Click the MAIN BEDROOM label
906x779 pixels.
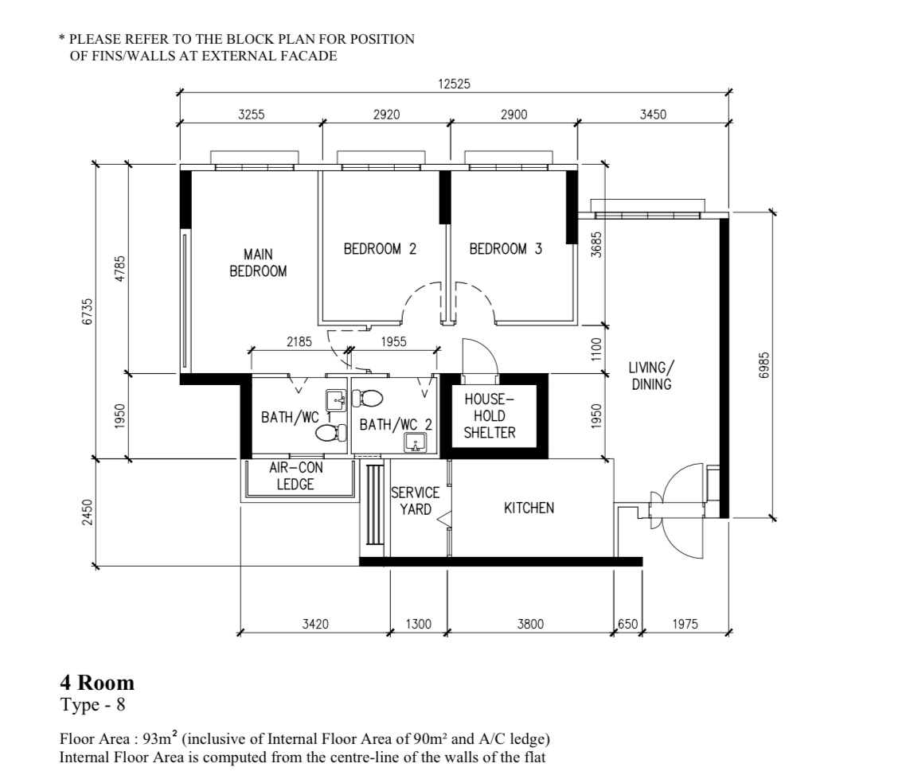258,263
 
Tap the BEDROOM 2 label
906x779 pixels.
380,249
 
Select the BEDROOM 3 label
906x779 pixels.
506,249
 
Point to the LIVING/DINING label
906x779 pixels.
650,376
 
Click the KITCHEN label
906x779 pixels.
529,508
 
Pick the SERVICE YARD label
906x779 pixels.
415,501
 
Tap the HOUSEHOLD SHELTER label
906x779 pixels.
490,415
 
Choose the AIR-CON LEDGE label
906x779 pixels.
295,477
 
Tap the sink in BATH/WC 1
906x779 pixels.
336,399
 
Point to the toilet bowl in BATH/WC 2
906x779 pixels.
367,398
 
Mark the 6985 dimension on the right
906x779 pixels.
763,365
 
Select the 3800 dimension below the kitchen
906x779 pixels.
529,625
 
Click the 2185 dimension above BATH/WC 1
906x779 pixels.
299,341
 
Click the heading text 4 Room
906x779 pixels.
97,682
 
